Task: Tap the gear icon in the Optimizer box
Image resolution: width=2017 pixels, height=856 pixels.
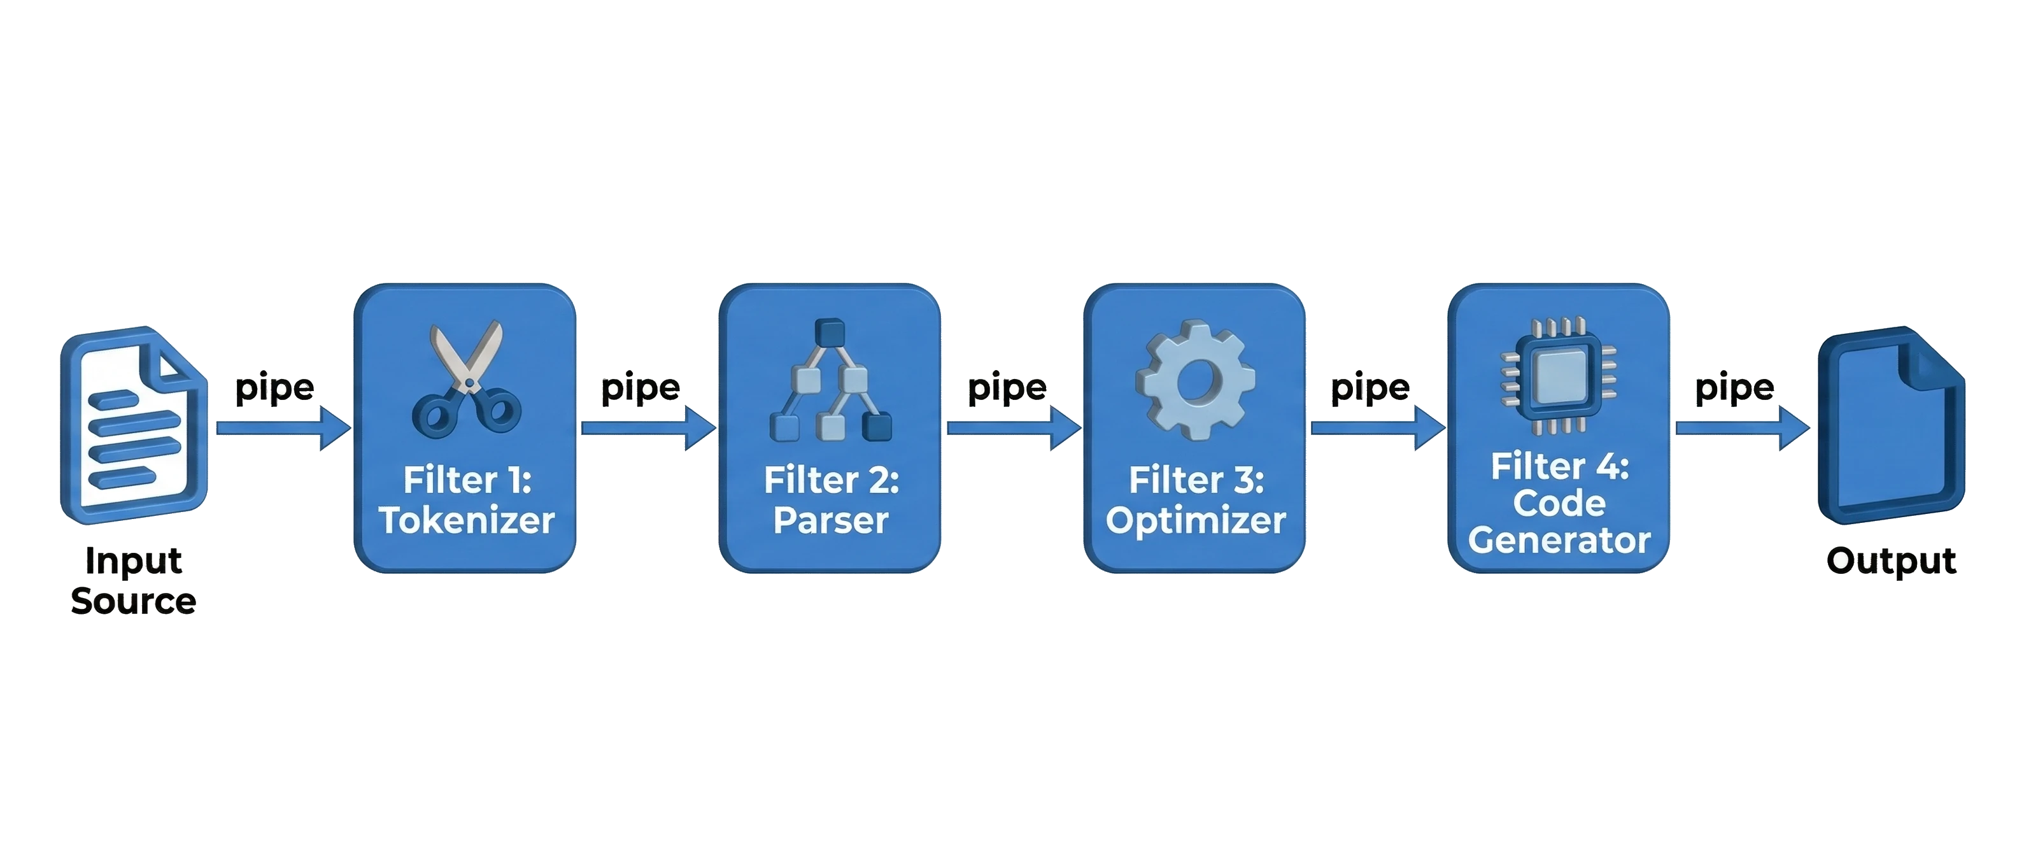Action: point(1195,380)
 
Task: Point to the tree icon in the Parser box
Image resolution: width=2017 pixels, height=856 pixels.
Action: point(831,380)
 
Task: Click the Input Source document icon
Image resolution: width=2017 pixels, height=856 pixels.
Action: point(134,424)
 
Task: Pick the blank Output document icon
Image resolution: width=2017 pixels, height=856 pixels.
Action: point(1891,424)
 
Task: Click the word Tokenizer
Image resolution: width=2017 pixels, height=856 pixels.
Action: point(467,520)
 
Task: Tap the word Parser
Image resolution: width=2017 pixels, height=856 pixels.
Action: point(831,520)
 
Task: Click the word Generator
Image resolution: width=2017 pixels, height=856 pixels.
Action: point(1559,539)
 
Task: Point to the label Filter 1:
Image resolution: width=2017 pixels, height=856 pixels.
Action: point(467,480)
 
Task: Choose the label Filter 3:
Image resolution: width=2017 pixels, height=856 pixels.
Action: point(1196,480)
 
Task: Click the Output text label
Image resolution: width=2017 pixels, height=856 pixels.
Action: point(1891,560)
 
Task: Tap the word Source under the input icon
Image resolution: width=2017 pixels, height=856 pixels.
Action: point(134,601)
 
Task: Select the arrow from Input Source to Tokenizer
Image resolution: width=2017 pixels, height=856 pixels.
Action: point(284,427)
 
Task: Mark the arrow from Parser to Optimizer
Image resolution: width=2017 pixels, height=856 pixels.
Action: point(1015,427)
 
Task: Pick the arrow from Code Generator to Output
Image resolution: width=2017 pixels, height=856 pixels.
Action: point(1743,427)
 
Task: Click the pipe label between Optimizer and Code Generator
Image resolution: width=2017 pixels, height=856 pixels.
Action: point(1370,389)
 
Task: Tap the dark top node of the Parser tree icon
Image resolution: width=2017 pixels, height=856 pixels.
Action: point(830,332)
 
